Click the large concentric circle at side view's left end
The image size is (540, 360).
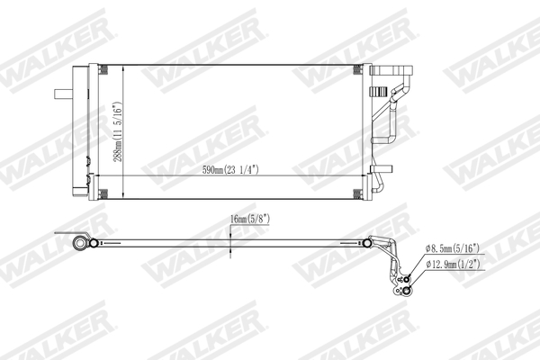(x=82, y=243)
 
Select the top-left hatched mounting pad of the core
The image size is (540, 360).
(x=103, y=71)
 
